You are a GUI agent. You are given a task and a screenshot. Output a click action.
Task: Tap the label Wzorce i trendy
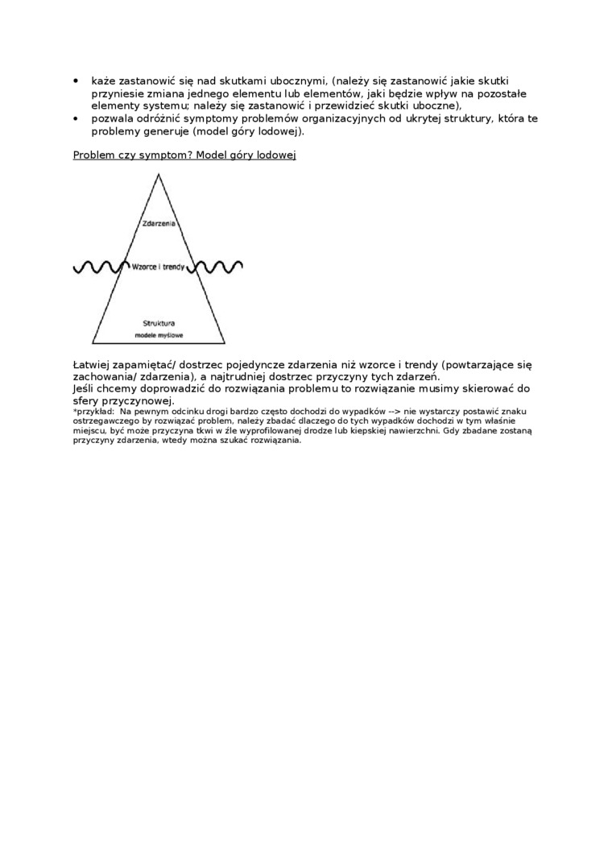[159, 266]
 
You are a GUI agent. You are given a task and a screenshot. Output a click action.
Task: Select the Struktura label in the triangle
[159, 322]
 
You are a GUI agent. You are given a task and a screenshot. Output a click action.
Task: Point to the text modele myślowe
[159, 334]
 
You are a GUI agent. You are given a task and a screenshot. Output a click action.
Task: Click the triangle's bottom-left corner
[93, 342]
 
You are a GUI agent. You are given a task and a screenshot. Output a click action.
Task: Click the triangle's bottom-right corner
[225, 342]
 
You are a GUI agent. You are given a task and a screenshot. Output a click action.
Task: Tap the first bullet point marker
[76, 81]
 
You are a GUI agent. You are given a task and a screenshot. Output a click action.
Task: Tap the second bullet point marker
[76, 118]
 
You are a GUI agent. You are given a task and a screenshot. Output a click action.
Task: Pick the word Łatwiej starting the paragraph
[95, 365]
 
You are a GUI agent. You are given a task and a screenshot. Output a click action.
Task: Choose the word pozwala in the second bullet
[113, 118]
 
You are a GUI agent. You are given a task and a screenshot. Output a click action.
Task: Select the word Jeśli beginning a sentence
[85, 388]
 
